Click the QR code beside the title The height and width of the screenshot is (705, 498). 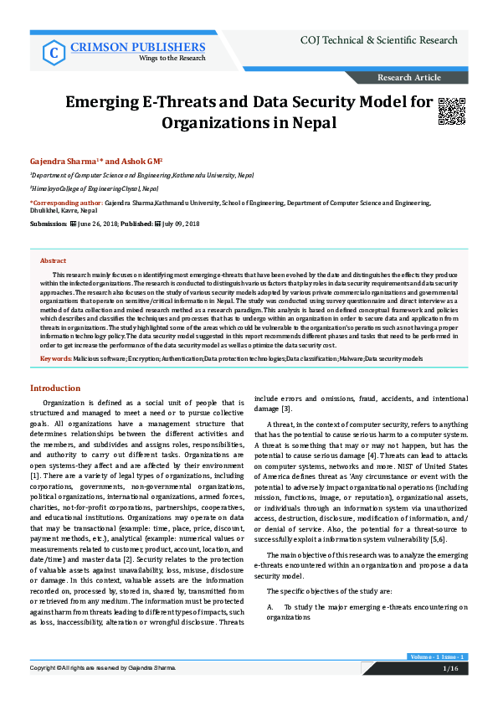451,111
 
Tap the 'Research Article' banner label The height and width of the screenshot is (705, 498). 409,78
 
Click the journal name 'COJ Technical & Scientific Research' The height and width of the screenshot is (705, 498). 378,40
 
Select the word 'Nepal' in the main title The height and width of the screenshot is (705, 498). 310,123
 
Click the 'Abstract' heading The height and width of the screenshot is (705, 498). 53,261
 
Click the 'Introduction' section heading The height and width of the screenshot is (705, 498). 55,389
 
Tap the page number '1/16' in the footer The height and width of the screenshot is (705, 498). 450,692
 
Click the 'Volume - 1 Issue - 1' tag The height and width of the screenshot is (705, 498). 437,679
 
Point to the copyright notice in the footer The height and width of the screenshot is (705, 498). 103,692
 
